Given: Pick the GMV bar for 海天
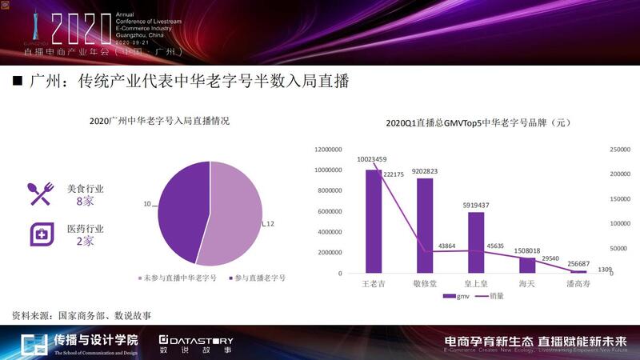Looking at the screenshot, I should (527, 266).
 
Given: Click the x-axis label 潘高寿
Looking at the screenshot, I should (578, 284).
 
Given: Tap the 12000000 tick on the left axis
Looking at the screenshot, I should (330, 150).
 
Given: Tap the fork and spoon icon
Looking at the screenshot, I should (41, 194).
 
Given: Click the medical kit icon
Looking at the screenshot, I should (41, 234).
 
